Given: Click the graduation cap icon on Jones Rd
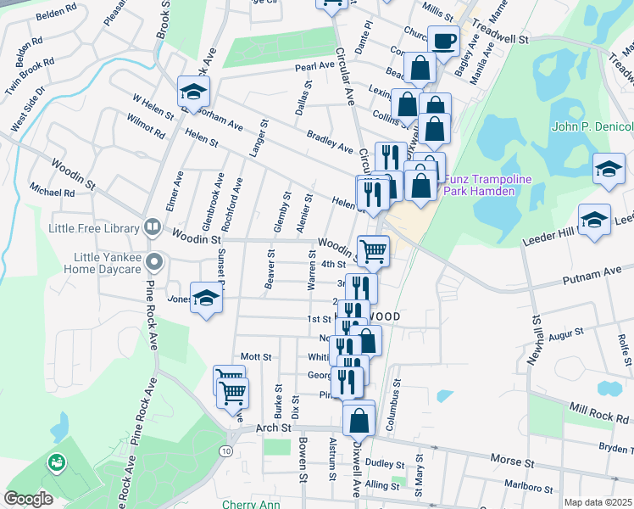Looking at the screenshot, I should pyautogui.click(x=205, y=298).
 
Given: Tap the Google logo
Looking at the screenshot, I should pyautogui.click(x=28, y=499).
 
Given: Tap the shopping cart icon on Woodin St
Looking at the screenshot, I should pyautogui.click(x=373, y=249).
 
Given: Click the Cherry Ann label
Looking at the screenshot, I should pyautogui.click(x=251, y=504).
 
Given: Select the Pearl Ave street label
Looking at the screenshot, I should pyautogui.click(x=314, y=65).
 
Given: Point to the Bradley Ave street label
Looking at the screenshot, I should pyautogui.click(x=330, y=143).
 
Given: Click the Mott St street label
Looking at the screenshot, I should pyautogui.click(x=255, y=357).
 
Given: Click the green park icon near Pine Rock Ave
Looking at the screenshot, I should pyautogui.click(x=56, y=462).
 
